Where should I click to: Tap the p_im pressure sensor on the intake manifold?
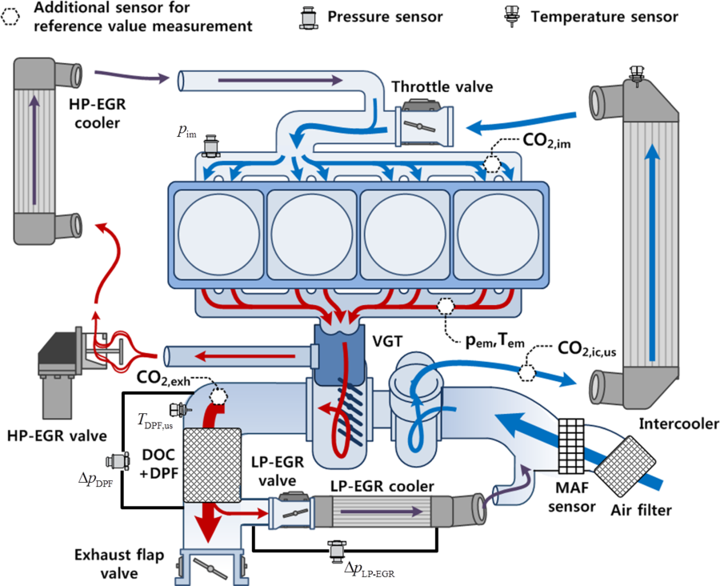tap(212, 146)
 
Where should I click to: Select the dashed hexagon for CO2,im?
tap(492, 163)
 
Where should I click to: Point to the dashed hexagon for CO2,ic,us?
tap(526, 372)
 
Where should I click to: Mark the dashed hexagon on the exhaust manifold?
tap(445, 307)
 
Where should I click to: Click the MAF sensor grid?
tap(571, 446)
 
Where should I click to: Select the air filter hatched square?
tap(625, 466)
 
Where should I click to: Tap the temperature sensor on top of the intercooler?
tap(636, 75)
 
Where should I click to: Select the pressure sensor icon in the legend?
tap(308, 18)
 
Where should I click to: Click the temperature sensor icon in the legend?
tap(510, 16)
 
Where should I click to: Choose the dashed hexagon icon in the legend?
tap(10, 17)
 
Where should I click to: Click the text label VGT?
tap(387, 341)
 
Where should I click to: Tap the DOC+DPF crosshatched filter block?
tap(212, 465)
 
